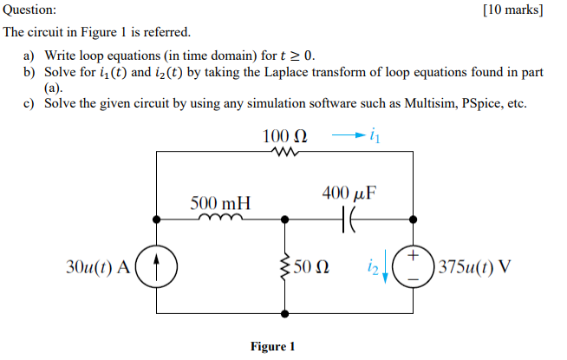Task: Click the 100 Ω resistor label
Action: point(284,137)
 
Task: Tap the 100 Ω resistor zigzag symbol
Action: point(284,153)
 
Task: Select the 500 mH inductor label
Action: point(220,204)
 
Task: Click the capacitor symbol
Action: point(350,220)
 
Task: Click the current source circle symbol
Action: point(157,265)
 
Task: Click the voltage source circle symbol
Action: point(414,265)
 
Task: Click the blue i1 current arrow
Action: point(344,135)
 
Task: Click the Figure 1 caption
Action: point(273,346)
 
